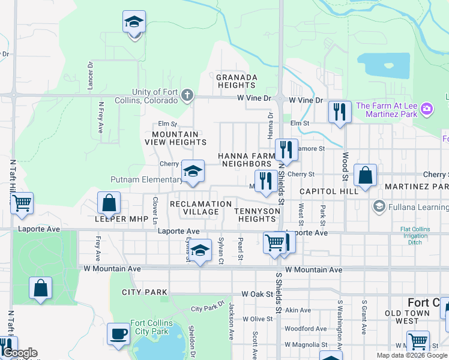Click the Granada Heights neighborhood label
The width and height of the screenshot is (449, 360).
click(237, 82)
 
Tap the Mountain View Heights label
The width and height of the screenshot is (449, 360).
click(175, 139)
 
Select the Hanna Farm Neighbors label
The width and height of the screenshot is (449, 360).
click(245, 160)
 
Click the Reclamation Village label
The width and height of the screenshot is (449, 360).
click(200, 208)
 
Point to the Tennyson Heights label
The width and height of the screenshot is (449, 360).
click(257, 215)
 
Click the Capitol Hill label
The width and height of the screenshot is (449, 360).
click(328, 191)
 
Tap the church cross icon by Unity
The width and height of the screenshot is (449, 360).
click(187, 95)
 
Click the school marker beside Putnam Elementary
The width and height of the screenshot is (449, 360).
click(193, 172)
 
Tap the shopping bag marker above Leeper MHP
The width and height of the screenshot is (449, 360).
click(109, 203)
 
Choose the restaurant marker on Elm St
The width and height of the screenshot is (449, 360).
click(340, 112)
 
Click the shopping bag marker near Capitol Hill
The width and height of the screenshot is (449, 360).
click(365, 175)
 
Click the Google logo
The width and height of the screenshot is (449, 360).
click(20, 353)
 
